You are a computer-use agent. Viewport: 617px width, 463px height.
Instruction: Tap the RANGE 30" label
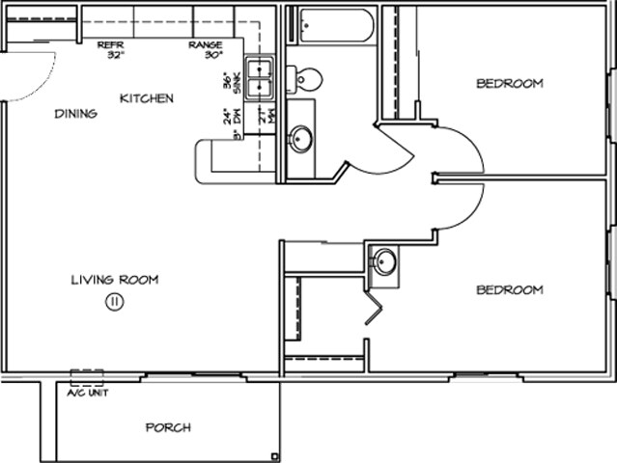click(206, 50)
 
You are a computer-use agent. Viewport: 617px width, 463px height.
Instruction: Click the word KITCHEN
click(147, 98)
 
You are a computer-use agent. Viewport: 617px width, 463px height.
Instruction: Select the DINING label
click(75, 114)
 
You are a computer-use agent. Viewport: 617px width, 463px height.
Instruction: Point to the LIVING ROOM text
click(114, 281)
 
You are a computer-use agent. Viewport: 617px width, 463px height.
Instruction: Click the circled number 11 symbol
click(113, 302)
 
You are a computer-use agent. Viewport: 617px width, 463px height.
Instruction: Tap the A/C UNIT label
click(87, 394)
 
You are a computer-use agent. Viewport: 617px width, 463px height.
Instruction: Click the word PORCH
click(168, 427)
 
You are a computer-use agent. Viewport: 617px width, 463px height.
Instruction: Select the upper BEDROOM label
click(509, 84)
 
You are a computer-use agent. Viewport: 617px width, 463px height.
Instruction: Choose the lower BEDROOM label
click(509, 290)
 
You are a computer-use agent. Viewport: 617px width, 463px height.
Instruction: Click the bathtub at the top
click(335, 25)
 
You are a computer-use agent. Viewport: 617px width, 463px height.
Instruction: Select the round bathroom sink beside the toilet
click(301, 140)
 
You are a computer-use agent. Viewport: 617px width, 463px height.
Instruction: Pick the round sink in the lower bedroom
click(384, 261)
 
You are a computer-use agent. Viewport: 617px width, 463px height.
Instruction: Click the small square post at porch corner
click(275, 456)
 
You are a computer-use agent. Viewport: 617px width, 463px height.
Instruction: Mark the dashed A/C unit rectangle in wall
click(87, 377)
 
